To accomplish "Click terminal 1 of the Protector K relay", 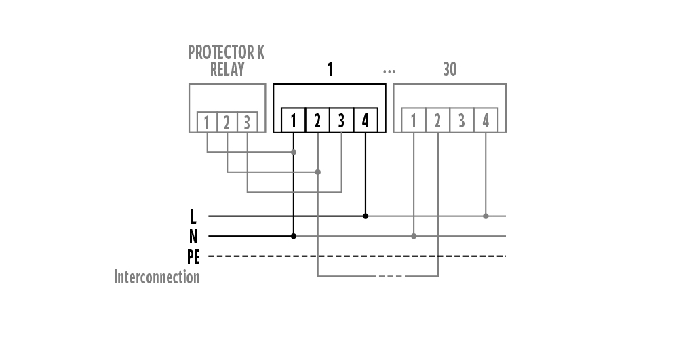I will [x=207, y=122].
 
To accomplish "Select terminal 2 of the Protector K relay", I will [x=227, y=122].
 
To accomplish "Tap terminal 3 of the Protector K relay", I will [x=247, y=122].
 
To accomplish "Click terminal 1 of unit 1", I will [x=294, y=121].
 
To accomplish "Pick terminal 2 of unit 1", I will [x=317, y=121].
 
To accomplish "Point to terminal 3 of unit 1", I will [x=341, y=121].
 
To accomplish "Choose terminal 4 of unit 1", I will [x=366, y=121].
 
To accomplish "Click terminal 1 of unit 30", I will [x=414, y=121].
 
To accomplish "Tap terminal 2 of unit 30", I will [x=437, y=121].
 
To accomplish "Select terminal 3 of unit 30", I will [x=462, y=121].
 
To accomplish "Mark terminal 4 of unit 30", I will [x=486, y=121].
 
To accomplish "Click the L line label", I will [x=193, y=216].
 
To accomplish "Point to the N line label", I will [x=193, y=237].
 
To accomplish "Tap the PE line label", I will [x=193, y=256].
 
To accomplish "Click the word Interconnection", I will [x=157, y=277].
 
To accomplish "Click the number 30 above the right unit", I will [x=450, y=69].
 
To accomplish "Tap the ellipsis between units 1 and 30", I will [x=389, y=71].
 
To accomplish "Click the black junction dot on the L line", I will [x=366, y=216].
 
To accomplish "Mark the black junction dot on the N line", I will [x=294, y=236].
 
